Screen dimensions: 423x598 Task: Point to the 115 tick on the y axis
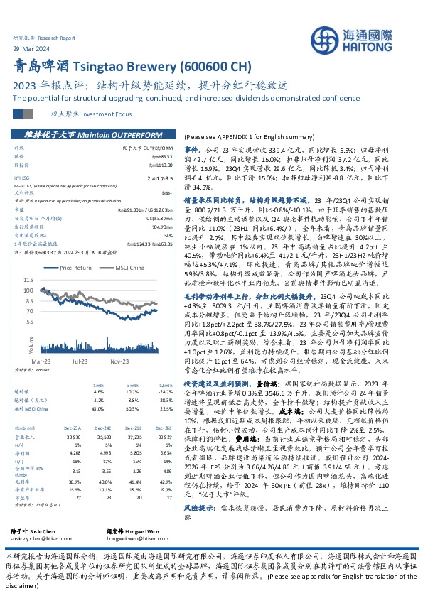(x=28, y=281)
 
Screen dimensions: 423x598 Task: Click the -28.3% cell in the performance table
(x=166, y=400)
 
